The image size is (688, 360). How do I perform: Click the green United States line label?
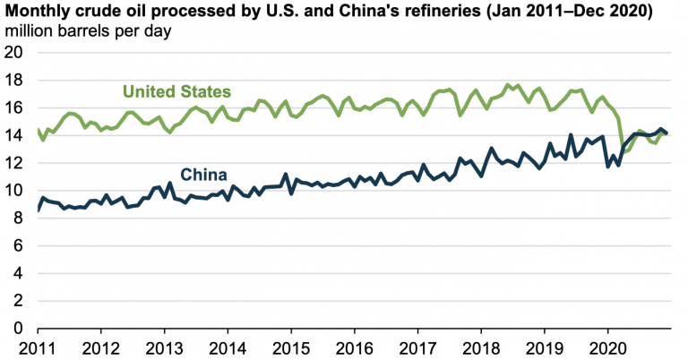coord(176,91)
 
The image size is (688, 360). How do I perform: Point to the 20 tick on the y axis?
coord(16,53)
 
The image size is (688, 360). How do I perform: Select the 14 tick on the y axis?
coord(16,135)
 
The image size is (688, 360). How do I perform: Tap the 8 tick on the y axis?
coord(21,218)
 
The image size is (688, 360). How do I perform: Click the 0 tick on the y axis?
coord(21,328)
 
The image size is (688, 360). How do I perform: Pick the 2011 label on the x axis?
coord(38,346)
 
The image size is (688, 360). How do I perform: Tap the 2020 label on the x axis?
coord(608,346)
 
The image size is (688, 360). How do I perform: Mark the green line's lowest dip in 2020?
coord(624,151)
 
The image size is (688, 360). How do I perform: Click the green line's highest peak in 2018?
coord(508,84)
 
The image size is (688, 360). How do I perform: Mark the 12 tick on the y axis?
coord(16,163)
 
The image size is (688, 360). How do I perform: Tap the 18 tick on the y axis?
coord(16,81)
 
